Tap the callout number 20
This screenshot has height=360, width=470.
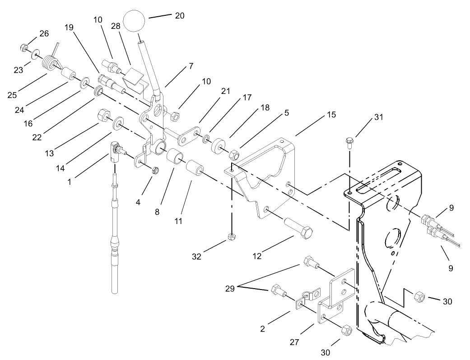(x=179, y=15)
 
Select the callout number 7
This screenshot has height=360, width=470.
(x=191, y=65)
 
